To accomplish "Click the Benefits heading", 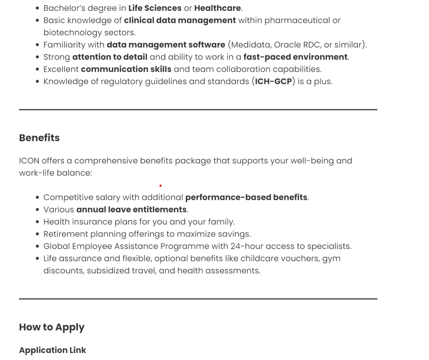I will [39, 138].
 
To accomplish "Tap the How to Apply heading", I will [52, 327].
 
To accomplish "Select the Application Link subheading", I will [52, 350].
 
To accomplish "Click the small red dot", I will [160, 185].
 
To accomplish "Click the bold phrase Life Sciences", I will [155, 8].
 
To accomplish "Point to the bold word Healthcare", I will [217, 8].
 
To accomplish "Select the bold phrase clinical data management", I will [180, 21].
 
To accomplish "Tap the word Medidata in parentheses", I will [251, 45].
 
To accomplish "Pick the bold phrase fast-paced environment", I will [295, 57].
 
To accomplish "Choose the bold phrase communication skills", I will [126, 69].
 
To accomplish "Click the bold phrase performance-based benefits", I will [246, 197].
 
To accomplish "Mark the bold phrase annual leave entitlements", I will [132, 210].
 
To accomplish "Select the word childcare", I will [259, 259].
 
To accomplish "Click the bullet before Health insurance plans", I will [38, 222].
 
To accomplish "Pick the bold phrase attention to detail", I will [110, 57].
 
